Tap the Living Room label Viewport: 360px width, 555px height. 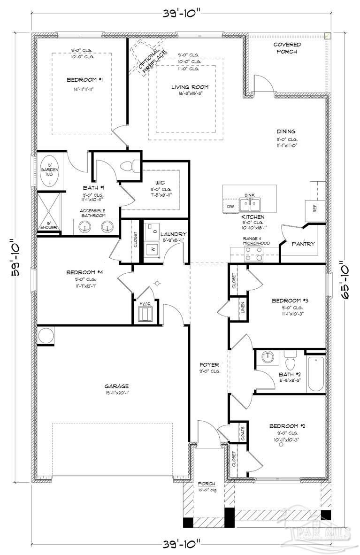[x=190, y=87]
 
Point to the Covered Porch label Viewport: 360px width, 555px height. [x=287, y=48]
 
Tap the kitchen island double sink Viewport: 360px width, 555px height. [x=249, y=204]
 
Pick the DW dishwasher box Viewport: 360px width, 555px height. [x=230, y=207]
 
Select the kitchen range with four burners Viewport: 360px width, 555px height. [x=254, y=254]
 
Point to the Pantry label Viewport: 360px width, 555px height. [x=303, y=244]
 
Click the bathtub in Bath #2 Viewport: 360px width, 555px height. [x=316, y=373]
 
